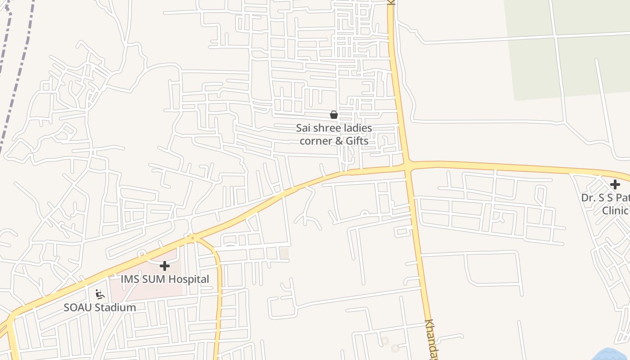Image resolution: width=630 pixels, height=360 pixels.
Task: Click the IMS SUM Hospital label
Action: pyautogui.click(x=165, y=279)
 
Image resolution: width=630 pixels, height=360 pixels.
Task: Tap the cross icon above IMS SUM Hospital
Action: pyautogui.click(x=165, y=266)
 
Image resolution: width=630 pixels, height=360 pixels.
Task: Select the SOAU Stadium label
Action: pyautogui.click(x=99, y=308)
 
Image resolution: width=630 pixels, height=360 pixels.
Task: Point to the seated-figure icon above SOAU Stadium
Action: pyautogui.click(x=100, y=295)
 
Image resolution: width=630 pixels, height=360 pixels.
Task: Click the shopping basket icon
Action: pyautogui.click(x=333, y=115)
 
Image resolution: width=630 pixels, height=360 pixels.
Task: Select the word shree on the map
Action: pyautogui.click(x=327, y=128)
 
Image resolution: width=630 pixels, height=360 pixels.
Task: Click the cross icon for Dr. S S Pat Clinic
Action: pyautogui.click(x=615, y=184)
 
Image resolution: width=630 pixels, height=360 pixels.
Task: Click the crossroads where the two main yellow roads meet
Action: pyautogui.click(x=407, y=166)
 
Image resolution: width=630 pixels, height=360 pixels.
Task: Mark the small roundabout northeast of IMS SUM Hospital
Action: pyautogui.click(x=192, y=238)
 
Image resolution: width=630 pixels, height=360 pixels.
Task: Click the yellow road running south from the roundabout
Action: pyautogui.click(x=219, y=292)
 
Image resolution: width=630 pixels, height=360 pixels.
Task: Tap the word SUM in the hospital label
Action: pyautogui.click(x=153, y=279)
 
